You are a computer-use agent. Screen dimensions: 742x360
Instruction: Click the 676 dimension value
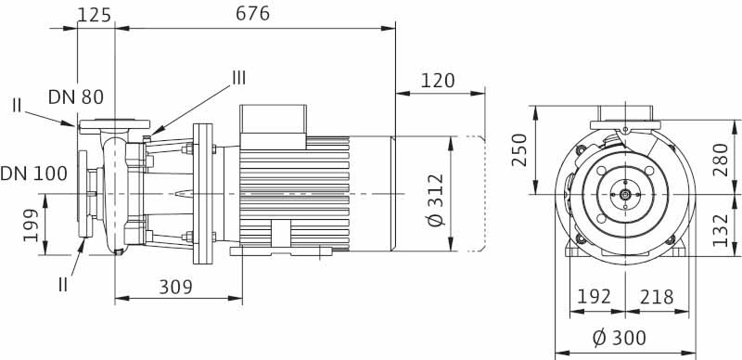click(x=252, y=13)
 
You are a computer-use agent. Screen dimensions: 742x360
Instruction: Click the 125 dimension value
click(x=95, y=15)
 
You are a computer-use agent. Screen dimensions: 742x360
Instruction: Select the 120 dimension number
click(x=438, y=81)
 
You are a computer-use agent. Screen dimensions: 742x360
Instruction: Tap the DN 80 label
click(x=76, y=97)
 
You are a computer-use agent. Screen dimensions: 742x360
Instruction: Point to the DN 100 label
click(x=34, y=174)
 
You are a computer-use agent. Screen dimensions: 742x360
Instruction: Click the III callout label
click(x=238, y=78)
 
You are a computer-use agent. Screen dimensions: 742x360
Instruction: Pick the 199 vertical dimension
click(x=32, y=225)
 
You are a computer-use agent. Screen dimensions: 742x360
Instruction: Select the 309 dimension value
click(x=175, y=287)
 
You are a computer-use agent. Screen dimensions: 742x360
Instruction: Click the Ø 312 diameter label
click(x=436, y=199)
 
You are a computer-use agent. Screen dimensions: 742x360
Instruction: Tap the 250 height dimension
click(x=520, y=150)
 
